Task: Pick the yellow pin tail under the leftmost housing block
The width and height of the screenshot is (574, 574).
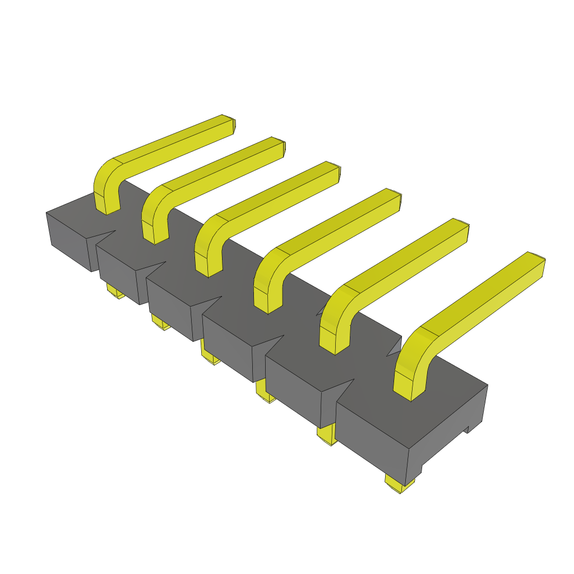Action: coord(115,291)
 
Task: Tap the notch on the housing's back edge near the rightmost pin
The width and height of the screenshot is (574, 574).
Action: coord(395,348)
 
